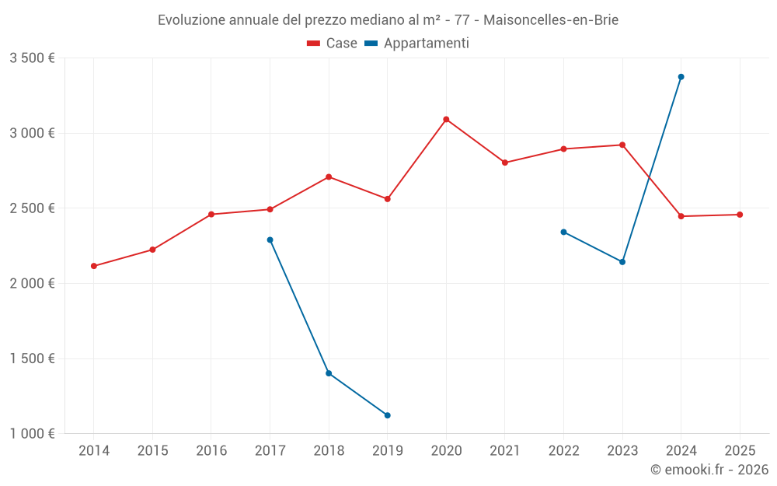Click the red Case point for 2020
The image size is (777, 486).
click(446, 120)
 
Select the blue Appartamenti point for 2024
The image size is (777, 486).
click(681, 77)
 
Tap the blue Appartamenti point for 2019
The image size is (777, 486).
click(387, 415)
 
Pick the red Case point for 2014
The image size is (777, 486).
click(94, 266)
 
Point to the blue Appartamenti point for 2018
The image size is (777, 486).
click(329, 373)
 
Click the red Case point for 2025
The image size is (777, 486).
click(740, 215)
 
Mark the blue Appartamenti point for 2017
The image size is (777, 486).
click(270, 240)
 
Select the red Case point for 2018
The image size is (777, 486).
click(329, 177)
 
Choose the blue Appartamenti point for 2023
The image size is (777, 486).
click(622, 262)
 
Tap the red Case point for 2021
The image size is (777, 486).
click(505, 163)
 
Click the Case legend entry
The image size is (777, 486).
click(333, 44)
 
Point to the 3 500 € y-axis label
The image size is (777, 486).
click(32, 58)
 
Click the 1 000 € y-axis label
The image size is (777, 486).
click(32, 434)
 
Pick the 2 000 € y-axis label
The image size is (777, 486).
click(32, 284)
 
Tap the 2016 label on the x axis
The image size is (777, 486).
click(211, 451)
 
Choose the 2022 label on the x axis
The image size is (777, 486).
click(563, 451)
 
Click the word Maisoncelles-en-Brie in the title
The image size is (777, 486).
click(551, 20)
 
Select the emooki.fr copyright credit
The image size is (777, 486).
click(709, 470)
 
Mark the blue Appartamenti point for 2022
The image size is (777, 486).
click(563, 232)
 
